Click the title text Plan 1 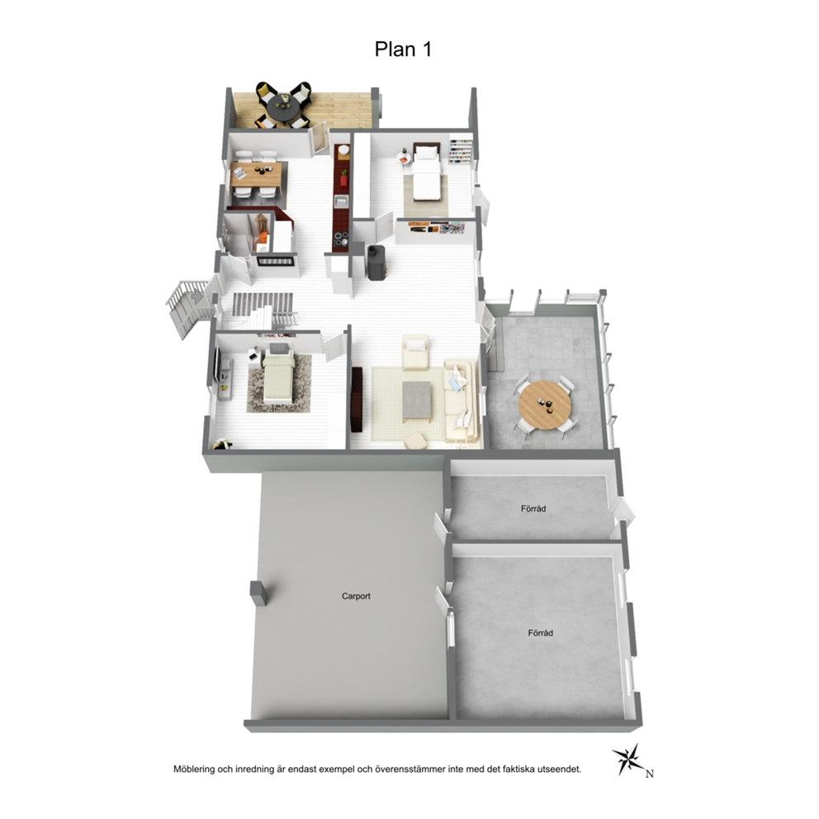[x=403, y=49]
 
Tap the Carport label [x=356, y=596]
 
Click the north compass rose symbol [x=629, y=759]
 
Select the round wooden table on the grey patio [x=545, y=405]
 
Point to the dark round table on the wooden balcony [x=283, y=107]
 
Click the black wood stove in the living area [x=376, y=263]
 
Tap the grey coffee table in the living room [x=417, y=400]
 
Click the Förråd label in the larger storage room [x=540, y=633]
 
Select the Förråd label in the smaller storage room [x=533, y=509]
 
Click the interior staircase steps [x=263, y=304]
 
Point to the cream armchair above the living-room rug [x=415, y=352]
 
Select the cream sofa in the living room [x=461, y=400]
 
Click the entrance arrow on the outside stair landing [x=197, y=297]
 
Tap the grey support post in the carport [x=258, y=593]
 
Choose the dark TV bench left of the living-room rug [x=357, y=400]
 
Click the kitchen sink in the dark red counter [x=342, y=201]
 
